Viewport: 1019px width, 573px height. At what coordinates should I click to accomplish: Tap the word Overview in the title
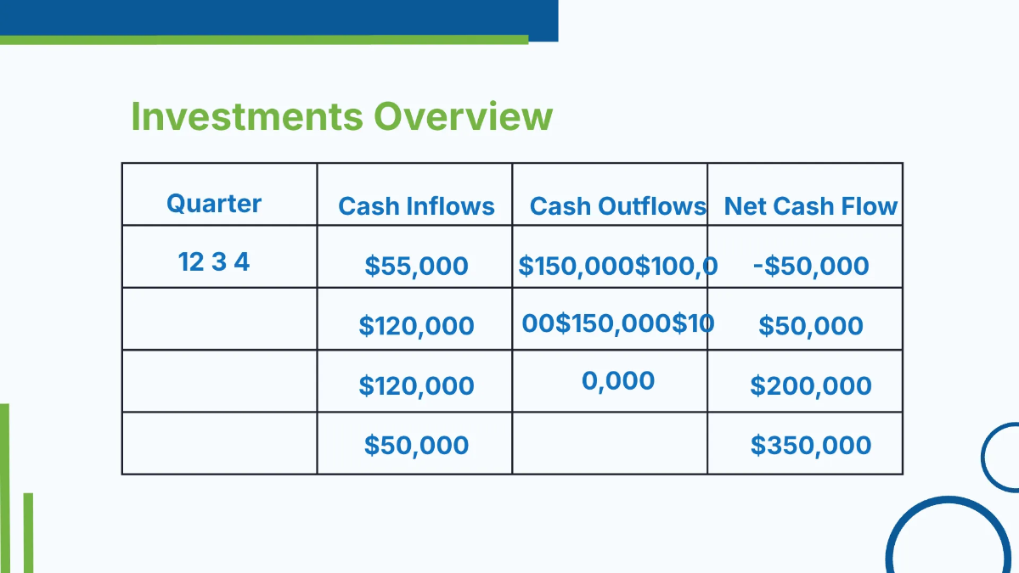point(464,116)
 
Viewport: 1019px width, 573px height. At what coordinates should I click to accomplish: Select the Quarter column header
point(214,204)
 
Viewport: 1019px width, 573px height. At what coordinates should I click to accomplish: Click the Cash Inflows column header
point(416,206)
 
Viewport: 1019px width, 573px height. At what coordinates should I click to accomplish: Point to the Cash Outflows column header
point(617,206)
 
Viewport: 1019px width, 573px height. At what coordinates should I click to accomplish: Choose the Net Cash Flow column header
point(810,206)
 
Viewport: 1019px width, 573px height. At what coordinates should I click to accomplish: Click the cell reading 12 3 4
point(214,261)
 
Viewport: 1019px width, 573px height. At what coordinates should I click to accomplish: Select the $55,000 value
point(416,266)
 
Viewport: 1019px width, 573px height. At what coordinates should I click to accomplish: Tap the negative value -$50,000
point(810,266)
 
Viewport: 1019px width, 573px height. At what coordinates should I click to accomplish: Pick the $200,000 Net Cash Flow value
point(810,385)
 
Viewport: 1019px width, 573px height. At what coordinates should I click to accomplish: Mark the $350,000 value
point(810,445)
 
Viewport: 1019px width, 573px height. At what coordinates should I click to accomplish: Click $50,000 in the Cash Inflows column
point(416,445)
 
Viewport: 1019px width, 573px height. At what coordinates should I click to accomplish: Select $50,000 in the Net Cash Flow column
point(810,326)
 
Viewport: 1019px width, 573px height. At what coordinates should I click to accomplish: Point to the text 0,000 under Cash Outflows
point(617,380)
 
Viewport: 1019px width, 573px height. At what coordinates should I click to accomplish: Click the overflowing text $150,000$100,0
point(617,266)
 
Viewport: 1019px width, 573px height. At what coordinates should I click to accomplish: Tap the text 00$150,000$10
point(617,323)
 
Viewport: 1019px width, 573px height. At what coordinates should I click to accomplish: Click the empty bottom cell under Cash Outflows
point(610,443)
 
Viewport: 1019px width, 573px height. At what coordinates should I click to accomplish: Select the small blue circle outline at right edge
point(1002,457)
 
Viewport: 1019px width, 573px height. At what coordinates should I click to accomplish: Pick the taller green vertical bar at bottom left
point(4,488)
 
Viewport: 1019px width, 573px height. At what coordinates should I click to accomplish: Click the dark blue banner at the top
point(280,17)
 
